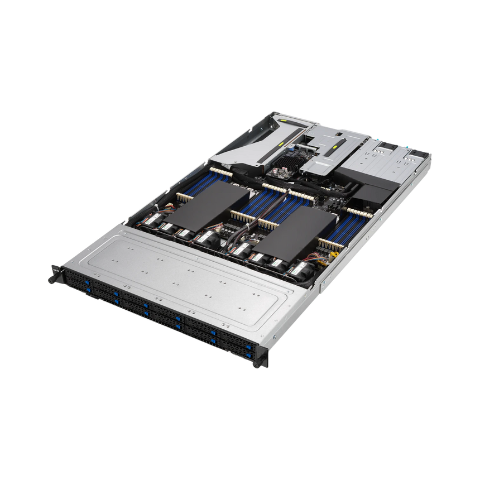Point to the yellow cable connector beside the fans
pos(334,256)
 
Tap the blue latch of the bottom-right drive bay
pos(247,354)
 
